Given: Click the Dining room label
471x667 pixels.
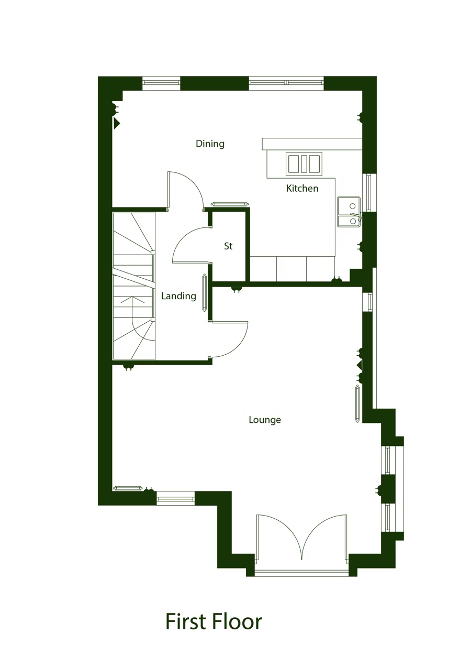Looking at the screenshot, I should click(210, 144).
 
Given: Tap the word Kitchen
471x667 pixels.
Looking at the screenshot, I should click(302, 188).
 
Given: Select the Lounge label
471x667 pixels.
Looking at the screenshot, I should click(265, 420).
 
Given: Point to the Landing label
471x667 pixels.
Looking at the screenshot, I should click(178, 296).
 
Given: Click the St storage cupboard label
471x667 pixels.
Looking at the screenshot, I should click(228, 246).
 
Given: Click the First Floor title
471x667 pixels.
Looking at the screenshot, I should click(214, 621).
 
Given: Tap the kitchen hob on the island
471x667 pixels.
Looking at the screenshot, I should click(304, 164).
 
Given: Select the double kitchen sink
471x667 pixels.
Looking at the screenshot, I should click(349, 212).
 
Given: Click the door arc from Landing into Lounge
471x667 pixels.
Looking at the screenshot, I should click(229, 340).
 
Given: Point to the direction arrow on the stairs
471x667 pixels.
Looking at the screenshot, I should click(132, 302).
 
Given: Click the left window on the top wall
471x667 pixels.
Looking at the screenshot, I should click(161, 83).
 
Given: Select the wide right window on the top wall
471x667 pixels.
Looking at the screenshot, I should click(286, 83).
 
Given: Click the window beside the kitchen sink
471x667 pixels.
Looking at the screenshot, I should click(369, 192).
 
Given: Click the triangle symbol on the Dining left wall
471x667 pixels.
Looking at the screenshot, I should click(117, 123).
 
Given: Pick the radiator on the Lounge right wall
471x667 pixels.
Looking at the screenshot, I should click(357, 404).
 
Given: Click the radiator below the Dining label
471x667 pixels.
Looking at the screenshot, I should click(229, 204).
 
